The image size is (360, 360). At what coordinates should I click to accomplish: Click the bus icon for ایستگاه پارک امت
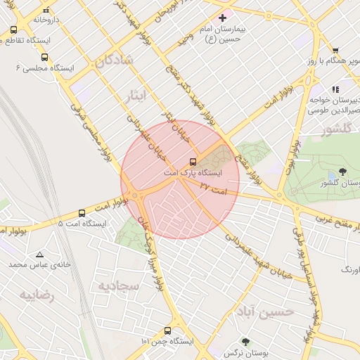194,162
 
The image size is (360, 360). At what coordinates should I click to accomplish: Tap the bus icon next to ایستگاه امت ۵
82,213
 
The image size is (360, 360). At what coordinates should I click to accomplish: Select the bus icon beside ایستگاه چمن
167,330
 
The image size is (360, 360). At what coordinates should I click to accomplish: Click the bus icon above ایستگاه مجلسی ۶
44,58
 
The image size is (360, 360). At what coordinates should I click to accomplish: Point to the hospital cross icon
223,17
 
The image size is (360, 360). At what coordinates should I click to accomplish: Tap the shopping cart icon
335,50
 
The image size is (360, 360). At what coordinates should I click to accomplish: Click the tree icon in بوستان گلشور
342,171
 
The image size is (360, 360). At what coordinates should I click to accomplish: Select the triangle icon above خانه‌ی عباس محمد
39,255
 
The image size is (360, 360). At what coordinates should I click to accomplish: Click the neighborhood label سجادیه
115,285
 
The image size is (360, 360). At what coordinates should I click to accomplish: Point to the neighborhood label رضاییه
37,295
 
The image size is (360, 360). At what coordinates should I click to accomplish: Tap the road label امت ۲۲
214,188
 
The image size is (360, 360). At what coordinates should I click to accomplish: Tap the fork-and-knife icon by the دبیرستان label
335,89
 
